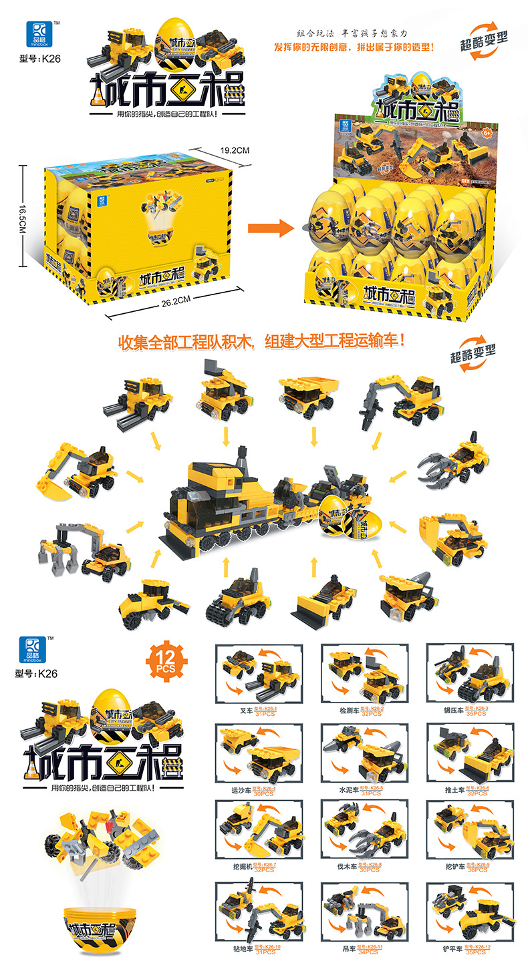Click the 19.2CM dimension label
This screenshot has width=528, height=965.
tap(234, 151)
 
